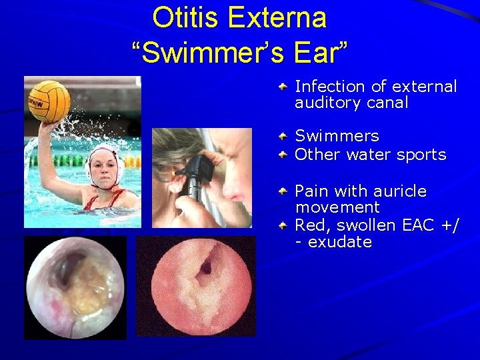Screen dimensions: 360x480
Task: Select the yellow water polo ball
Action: coord(49,101)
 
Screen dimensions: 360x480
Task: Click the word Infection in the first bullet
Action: coord(329,87)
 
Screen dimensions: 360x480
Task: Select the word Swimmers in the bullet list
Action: coord(337,136)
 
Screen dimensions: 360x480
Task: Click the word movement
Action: coord(337,207)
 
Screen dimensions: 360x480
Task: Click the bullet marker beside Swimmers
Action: coord(283,136)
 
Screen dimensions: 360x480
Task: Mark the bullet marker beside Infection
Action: coord(283,87)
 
